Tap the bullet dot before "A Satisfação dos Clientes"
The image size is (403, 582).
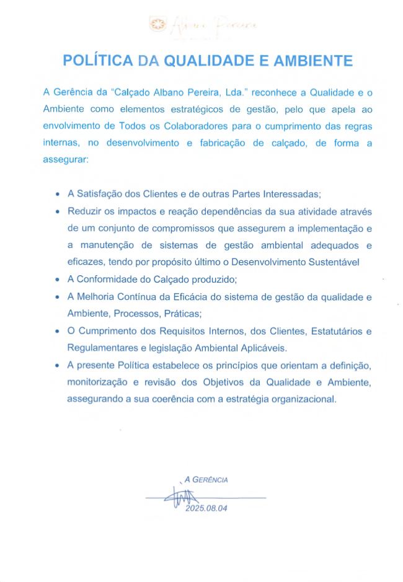(58, 194)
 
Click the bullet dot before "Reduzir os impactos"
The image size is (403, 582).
(58, 211)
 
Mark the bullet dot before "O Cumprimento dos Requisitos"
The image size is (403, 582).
(58, 331)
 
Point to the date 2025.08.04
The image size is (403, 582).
(203, 509)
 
